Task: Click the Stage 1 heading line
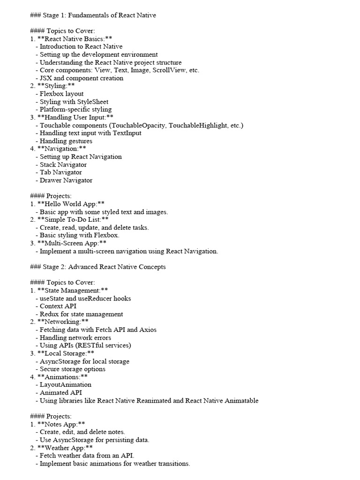click(x=93, y=15)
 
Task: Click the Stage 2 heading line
click(x=97, y=267)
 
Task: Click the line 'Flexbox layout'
click(x=61, y=94)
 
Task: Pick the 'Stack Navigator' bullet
click(x=63, y=165)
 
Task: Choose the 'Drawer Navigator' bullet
click(x=66, y=180)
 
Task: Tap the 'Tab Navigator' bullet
click(x=60, y=172)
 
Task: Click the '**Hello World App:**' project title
click(x=70, y=204)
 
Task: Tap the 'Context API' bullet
click(x=58, y=306)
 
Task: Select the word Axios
click(x=147, y=330)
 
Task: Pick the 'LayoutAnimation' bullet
click(x=65, y=385)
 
